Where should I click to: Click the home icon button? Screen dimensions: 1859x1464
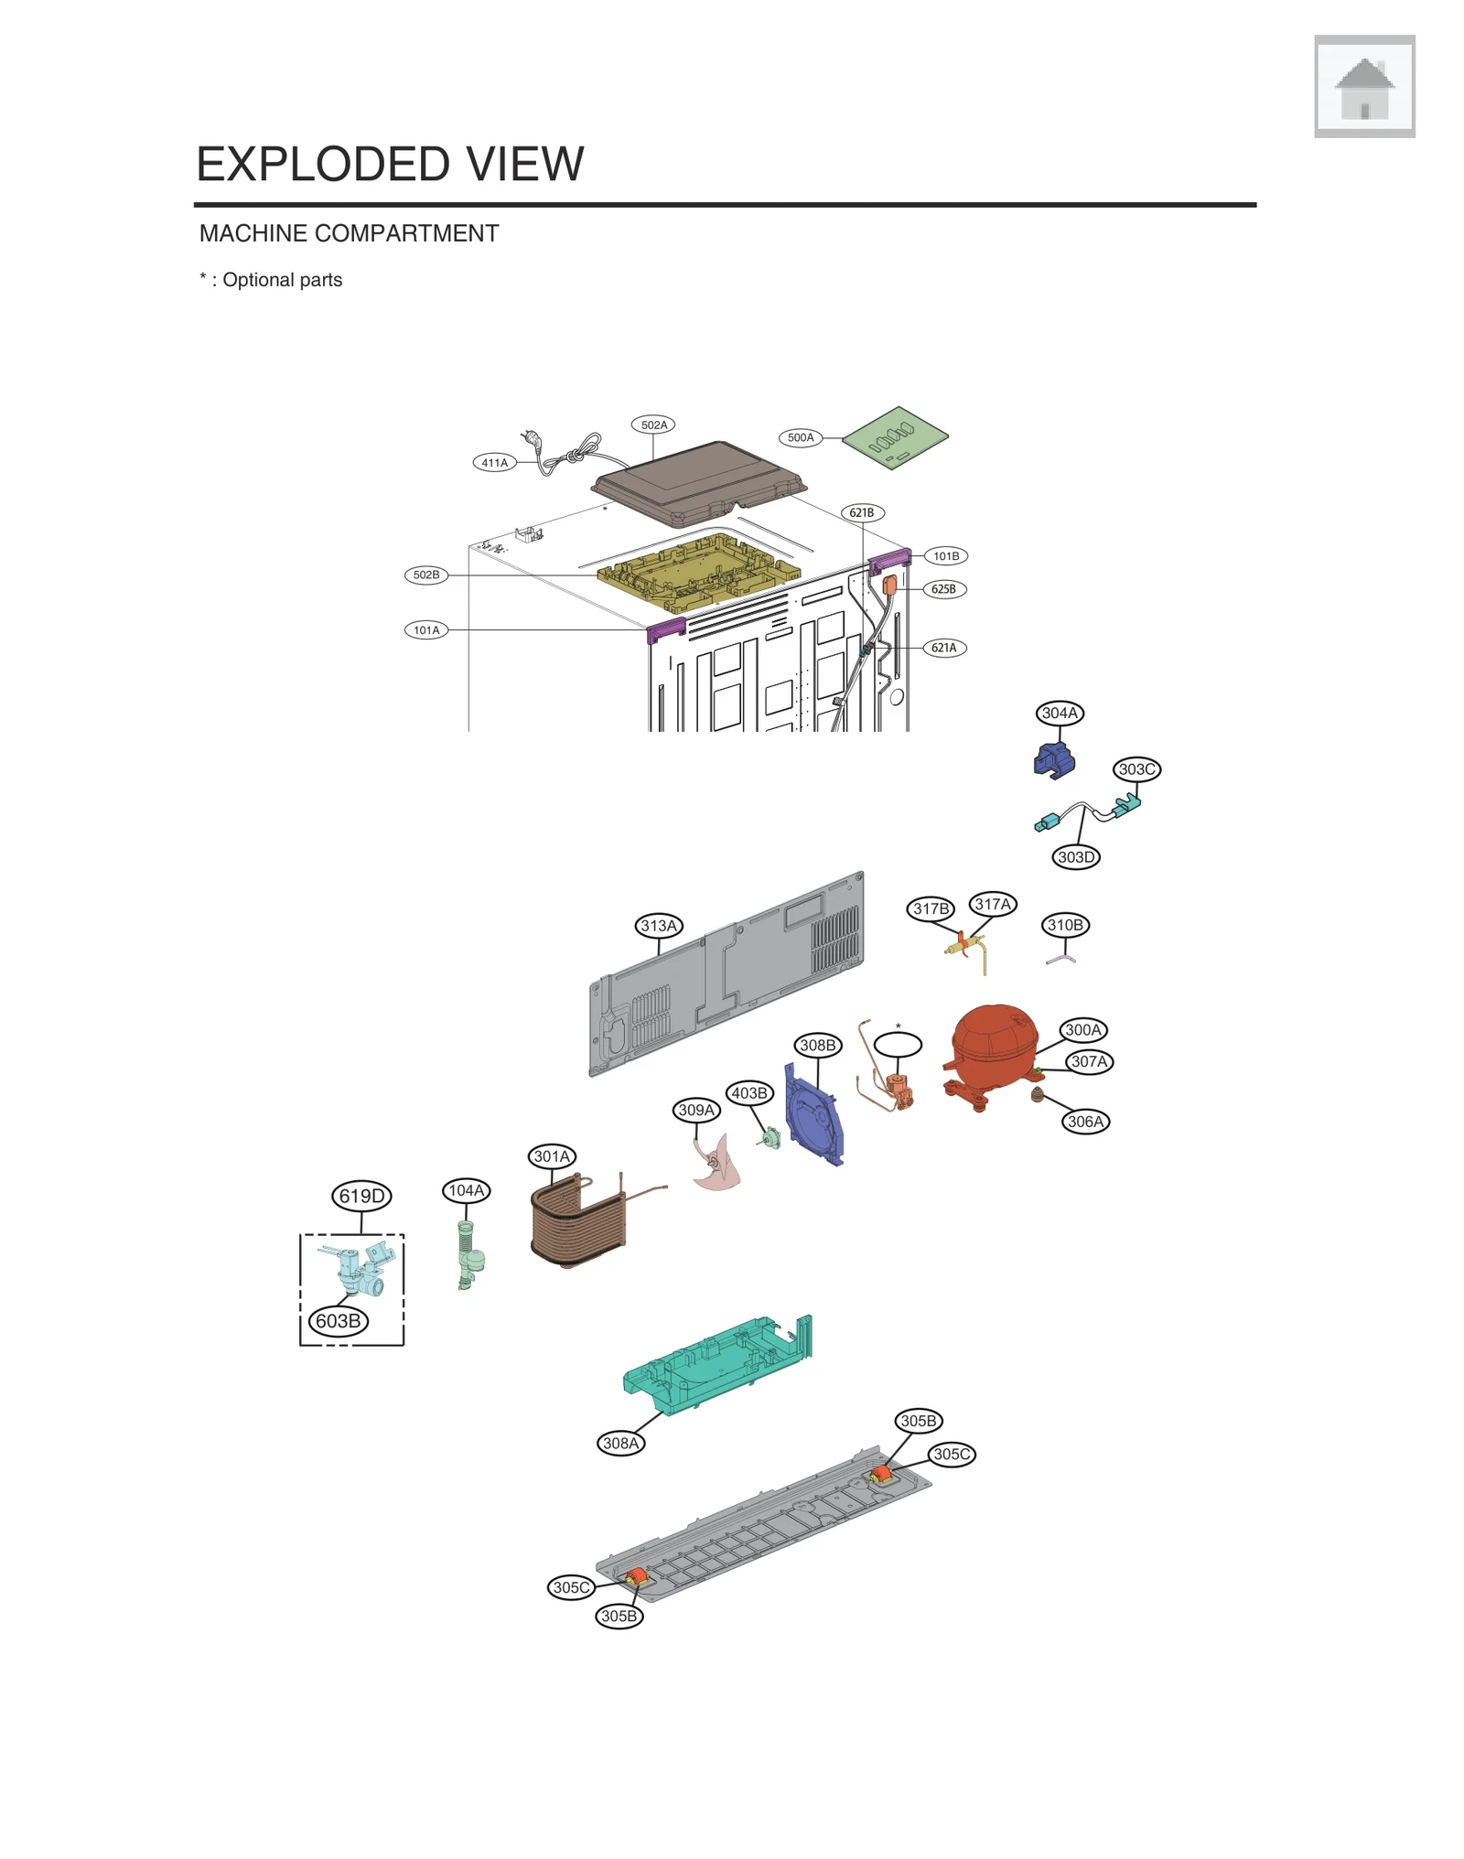1363,87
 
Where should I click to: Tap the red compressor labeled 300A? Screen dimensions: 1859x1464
993,1048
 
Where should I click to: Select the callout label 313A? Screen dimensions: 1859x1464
659,925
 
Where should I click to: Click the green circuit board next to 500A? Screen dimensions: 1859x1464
895,437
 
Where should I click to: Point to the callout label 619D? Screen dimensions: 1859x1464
361,1196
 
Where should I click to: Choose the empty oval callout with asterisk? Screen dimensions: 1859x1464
898,1044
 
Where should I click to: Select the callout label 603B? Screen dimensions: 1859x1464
338,1321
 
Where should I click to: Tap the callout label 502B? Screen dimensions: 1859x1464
426,575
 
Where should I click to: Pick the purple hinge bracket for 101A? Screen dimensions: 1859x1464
666,629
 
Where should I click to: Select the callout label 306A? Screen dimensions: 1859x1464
1086,1121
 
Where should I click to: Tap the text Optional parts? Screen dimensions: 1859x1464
282,280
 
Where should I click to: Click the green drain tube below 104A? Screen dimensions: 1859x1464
469,1253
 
